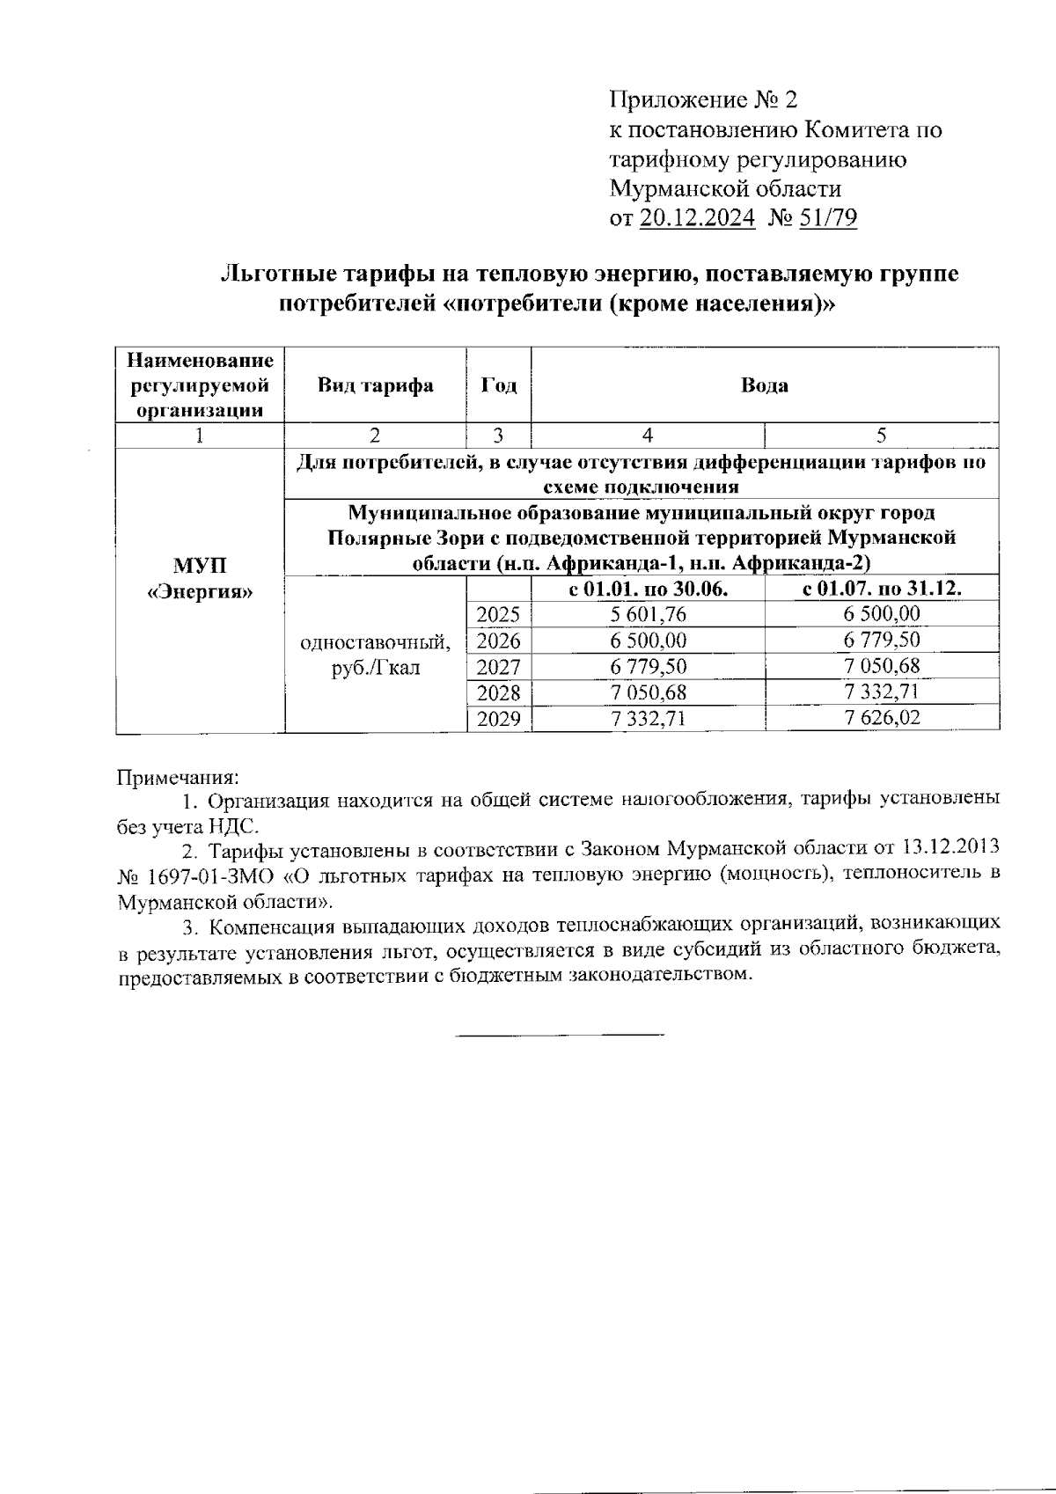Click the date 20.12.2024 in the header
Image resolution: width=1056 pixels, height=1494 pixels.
[x=697, y=218]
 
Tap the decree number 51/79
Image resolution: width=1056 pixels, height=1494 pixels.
[x=827, y=218]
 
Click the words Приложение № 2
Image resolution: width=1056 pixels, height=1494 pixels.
[x=703, y=99]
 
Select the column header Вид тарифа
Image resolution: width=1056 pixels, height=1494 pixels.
[x=376, y=385]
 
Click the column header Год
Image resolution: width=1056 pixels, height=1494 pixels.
[x=498, y=385]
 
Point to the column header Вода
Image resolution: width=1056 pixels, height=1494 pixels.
[x=764, y=385]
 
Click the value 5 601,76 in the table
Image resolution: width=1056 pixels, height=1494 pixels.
[x=648, y=614]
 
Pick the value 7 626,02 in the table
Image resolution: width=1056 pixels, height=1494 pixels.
[x=882, y=718]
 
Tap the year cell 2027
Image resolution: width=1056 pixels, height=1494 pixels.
[x=498, y=666]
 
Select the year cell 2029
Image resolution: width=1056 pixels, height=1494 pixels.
[x=498, y=719]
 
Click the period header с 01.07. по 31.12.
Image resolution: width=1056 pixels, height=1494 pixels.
[x=882, y=589]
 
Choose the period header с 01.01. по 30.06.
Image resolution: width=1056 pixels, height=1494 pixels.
[x=648, y=589]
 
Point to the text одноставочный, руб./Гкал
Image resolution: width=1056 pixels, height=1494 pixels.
[x=376, y=655]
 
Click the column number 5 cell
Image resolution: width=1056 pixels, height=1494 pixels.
[x=882, y=435]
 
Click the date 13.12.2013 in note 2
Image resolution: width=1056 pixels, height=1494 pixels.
[x=951, y=848]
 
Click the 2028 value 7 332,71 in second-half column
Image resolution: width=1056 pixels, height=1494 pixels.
[x=882, y=692]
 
